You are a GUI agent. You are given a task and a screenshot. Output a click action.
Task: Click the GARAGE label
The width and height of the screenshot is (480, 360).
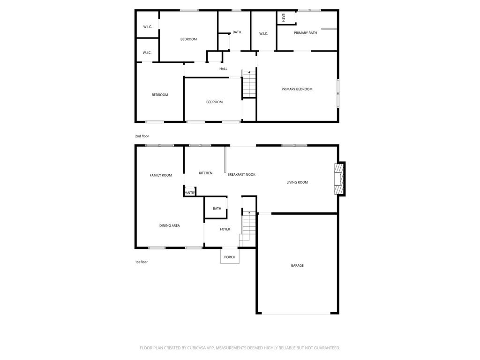(297, 265)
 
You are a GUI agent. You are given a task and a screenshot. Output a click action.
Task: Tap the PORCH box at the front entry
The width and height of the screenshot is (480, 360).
(230, 256)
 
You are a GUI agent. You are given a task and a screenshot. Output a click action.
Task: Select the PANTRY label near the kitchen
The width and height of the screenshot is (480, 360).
(190, 193)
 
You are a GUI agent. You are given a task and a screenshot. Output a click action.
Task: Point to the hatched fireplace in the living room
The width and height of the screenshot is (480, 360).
(339, 179)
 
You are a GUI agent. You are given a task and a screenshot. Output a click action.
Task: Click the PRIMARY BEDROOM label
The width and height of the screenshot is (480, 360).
(297, 89)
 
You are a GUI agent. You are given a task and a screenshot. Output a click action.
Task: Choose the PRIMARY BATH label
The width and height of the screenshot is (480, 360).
(305, 33)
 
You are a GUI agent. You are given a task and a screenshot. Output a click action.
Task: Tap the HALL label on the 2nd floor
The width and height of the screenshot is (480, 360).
(223, 69)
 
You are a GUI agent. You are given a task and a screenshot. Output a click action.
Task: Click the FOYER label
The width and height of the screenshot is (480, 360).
(225, 229)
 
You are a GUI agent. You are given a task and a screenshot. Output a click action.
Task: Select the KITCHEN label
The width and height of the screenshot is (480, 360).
(205, 173)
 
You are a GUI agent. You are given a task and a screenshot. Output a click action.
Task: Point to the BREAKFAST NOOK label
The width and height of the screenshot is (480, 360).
(241, 174)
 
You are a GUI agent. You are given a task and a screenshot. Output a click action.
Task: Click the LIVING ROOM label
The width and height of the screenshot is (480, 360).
(297, 182)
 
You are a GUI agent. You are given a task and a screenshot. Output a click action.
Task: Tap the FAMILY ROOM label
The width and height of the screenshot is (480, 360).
(161, 175)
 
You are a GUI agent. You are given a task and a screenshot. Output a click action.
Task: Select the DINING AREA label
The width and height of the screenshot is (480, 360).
(169, 225)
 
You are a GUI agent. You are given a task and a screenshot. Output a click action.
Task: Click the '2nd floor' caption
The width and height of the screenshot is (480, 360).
(142, 136)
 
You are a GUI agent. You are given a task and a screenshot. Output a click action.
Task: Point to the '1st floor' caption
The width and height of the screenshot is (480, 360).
(142, 262)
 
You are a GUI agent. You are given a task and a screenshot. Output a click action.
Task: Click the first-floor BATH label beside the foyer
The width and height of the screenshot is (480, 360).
(217, 209)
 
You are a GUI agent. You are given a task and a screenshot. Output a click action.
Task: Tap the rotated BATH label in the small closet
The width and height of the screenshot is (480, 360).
(283, 18)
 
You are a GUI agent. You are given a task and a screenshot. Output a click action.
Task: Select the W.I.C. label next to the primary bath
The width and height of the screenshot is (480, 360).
(263, 34)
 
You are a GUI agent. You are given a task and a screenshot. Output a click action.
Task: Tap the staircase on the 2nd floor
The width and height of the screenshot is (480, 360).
(249, 84)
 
